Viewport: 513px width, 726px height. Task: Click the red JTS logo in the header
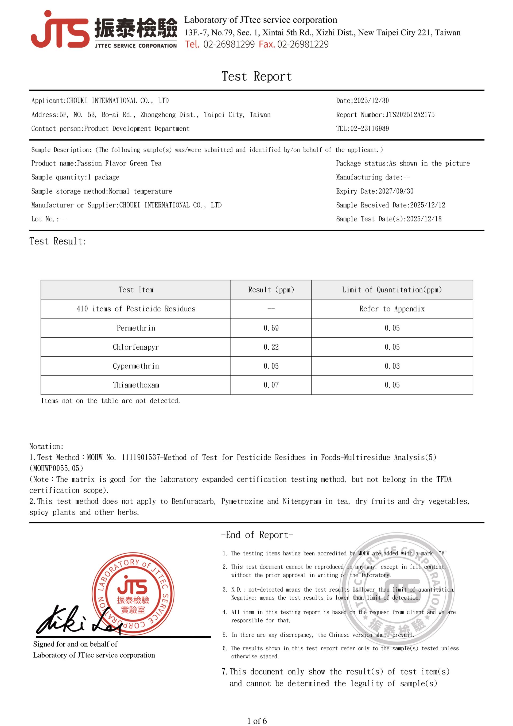[x=60, y=30]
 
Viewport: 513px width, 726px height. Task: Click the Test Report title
[x=256, y=76]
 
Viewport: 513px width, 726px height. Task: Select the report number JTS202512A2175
[x=410, y=114]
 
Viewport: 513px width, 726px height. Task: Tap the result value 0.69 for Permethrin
[x=271, y=328]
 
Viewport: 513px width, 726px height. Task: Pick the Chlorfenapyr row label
[x=136, y=347]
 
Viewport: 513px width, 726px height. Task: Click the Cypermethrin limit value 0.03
[x=392, y=366]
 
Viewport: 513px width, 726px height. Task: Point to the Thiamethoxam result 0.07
[x=271, y=385]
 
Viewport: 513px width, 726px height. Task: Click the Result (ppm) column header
[x=271, y=290]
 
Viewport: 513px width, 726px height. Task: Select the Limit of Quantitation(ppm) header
[x=392, y=290]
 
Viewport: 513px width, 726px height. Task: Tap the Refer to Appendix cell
[x=392, y=309]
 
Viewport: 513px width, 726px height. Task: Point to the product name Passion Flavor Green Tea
[x=119, y=163]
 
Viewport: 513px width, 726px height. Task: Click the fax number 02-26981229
[x=302, y=44]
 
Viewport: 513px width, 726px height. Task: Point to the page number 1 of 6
[x=257, y=721]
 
